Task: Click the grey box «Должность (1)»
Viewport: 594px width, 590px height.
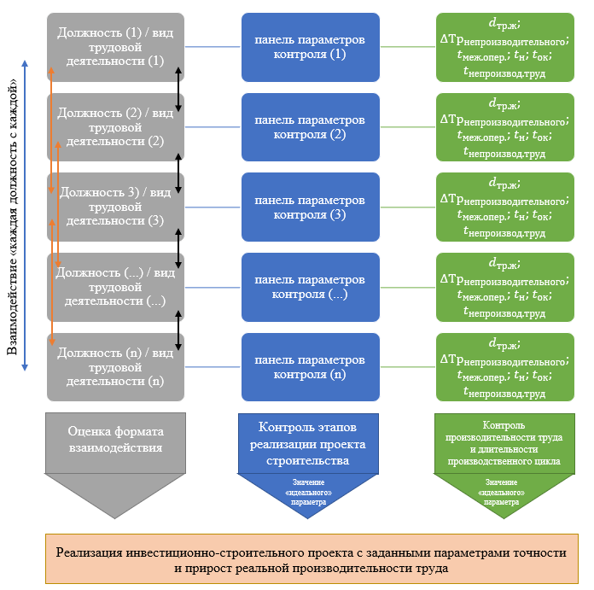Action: [x=115, y=47]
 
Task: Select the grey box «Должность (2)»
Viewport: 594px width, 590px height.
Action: [x=115, y=127]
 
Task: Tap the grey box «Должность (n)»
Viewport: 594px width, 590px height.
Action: [x=115, y=366]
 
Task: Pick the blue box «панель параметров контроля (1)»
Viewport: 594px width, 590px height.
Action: [x=310, y=47]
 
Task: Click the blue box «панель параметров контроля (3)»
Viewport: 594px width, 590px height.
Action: [x=310, y=207]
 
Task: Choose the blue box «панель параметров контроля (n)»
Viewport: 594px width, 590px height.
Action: [x=310, y=366]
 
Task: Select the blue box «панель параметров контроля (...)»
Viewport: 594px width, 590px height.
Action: [x=310, y=287]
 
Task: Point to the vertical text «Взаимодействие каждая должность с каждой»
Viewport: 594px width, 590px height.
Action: [x=12, y=218]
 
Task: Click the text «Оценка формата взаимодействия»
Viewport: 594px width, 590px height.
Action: [x=115, y=439]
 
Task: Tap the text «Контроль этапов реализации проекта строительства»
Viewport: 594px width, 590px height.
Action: [x=310, y=442]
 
